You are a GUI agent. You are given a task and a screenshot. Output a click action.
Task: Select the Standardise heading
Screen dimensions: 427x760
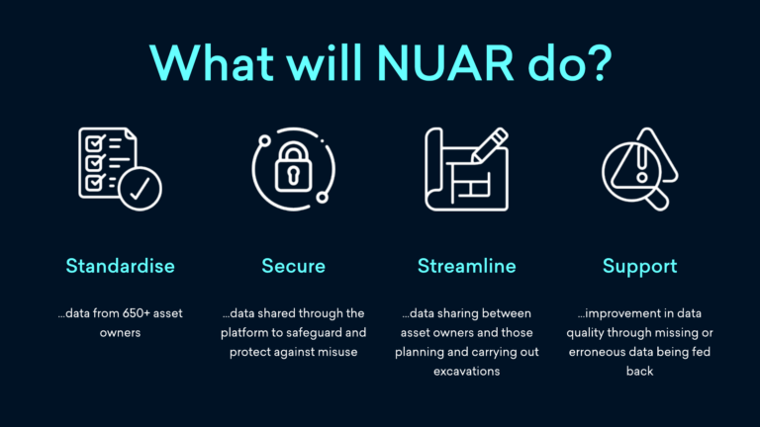pos(120,266)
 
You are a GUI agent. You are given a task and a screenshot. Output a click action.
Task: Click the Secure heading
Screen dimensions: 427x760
pos(293,266)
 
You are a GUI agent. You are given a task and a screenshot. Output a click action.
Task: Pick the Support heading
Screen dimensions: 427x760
pos(639,266)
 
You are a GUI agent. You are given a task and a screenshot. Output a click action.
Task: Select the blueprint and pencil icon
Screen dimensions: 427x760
pos(465,169)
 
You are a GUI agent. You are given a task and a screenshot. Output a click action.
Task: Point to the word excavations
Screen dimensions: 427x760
pos(465,372)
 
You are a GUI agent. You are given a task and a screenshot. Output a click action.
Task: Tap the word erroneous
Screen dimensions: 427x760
pos(604,353)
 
